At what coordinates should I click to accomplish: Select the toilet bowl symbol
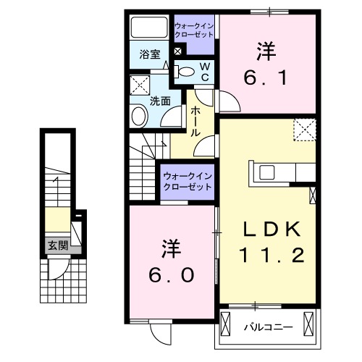[186, 71]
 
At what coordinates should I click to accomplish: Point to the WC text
[205, 71]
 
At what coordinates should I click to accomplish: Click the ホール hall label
[195, 122]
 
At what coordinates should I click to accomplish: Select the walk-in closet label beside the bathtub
[194, 30]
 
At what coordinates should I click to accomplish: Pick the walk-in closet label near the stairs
[186, 180]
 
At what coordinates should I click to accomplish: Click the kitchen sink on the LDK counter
[265, 172]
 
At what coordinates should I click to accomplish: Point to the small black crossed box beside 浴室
[178, 51]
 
